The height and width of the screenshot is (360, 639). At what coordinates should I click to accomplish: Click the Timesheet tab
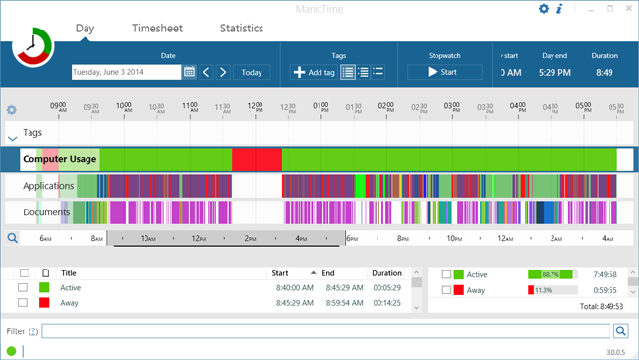pyautogui.click(x=157, y=29)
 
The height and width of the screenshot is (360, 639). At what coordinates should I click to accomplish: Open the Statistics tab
pyautogui.click(x=242, y=29)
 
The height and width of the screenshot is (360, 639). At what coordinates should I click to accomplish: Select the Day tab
pyautogui.click(x=86, y=29)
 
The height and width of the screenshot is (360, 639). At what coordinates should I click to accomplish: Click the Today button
pyautogui.click(x=252, y=72)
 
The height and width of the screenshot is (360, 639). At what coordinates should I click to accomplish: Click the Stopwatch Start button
pyautogui.click(x=444, y=72)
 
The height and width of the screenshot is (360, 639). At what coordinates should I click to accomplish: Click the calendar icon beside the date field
pyautogui.click(x=190, y=72)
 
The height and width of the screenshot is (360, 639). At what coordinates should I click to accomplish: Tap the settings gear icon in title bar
pyautogui.click(x=544, y=9)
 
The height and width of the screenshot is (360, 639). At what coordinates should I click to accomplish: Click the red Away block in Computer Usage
pyautogui.click(x=257, y=158)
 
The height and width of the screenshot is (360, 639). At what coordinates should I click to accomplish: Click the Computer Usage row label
pyautogui.click(x=60, y=158)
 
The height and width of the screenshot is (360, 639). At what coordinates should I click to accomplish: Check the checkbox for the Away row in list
pyautogui.click(x=23, y=303)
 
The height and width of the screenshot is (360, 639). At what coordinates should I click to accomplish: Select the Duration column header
pyautogui.click(x=386, y=273)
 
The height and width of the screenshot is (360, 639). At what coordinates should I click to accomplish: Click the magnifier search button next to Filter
pyautogui.click(x=620, y=331)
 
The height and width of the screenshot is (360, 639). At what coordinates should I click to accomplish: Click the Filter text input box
pyautogui.click(x=324, y=331)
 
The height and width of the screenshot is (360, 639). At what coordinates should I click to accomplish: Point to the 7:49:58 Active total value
pyautogui.click(x=602, y=275)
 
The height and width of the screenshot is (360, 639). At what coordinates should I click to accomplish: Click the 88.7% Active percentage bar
pyautogui.click(x=551, y=275)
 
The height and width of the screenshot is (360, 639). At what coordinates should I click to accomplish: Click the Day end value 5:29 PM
pyautogui.click(x=555, y=72)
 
